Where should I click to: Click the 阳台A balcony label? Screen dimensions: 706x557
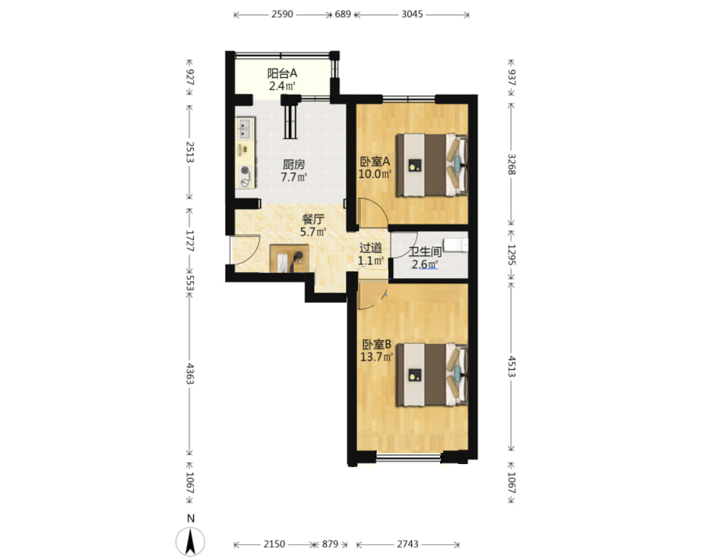pos(283,73)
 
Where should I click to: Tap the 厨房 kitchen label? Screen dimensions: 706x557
pos(294,164)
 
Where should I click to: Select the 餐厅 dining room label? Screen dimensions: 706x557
pos(313,219)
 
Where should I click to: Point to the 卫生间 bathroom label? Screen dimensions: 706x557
pos(425,252)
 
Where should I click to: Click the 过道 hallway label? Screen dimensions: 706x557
pos(371,247)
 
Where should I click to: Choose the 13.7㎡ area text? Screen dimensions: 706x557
pos(377,357)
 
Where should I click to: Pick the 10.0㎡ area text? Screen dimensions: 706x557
pos(375,174)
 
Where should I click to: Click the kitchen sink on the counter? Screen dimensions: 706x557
pos(244,128)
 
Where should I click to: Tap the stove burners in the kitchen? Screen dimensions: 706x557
pos(245,176)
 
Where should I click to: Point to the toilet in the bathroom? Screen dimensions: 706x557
pos(455,245)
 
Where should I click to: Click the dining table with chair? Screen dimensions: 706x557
pos(289,258)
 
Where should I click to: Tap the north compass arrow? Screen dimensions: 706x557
pos(190,541)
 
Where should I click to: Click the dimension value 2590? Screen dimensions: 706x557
pos(283,14)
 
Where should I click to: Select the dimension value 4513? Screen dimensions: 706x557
pos(512,366)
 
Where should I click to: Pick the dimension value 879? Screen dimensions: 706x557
pos(330,544)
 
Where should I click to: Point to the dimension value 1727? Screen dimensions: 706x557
pos(190,241)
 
